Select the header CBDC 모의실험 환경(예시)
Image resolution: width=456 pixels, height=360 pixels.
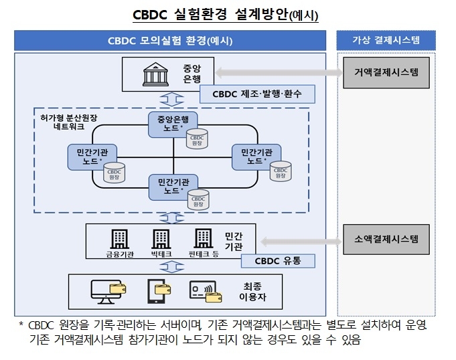point(170,41)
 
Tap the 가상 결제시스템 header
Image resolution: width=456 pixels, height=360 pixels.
point(386,41)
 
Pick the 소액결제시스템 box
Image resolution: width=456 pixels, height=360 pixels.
point(386,239)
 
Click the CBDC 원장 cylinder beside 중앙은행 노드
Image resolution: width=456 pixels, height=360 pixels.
point(197,139)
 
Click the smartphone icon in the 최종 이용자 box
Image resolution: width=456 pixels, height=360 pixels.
point(157,289)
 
